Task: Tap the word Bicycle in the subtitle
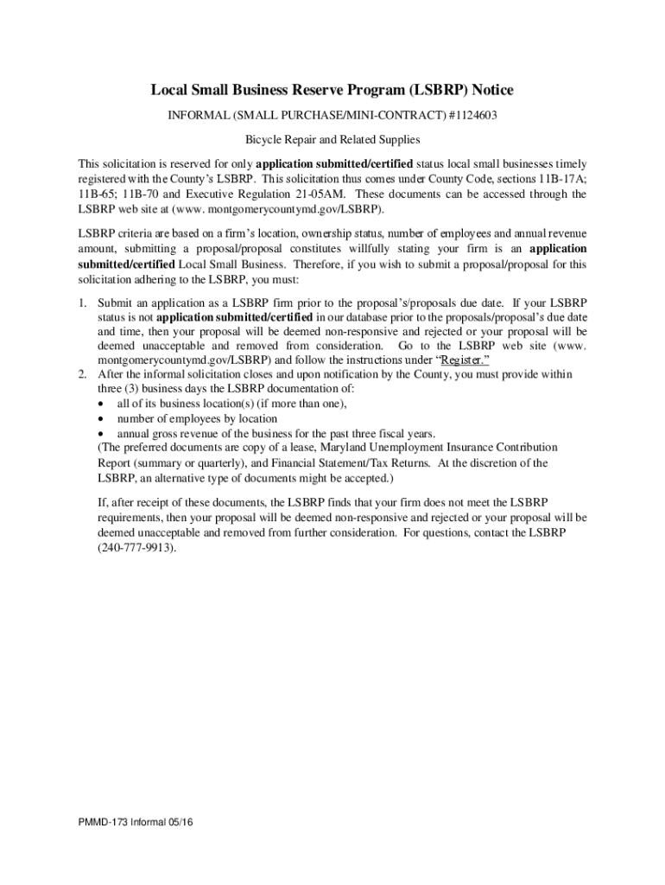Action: coord(265,138)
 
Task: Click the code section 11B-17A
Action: coord(562,179)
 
